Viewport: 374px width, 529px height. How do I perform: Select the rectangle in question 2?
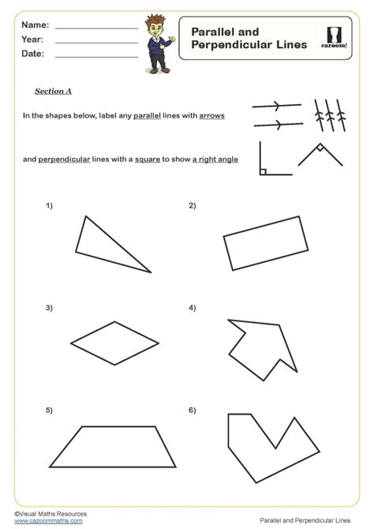(265, 242)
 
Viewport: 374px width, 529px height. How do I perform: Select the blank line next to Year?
(95, 41)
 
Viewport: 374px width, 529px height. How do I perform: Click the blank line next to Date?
(95, 55)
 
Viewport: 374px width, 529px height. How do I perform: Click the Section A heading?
(54, 91)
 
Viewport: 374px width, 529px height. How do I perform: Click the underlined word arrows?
(211, 115)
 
